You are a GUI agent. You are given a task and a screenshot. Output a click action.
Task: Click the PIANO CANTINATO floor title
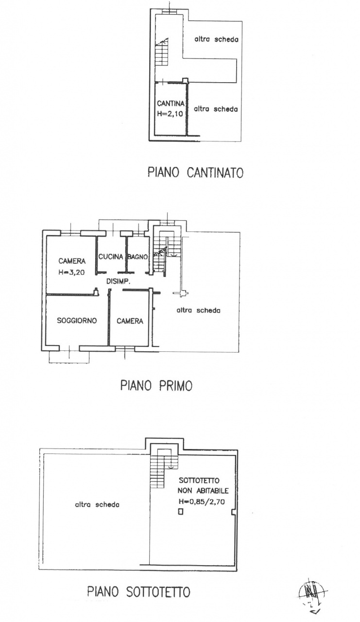(195, 173)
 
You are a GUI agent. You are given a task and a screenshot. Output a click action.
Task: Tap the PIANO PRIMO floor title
(156, 385)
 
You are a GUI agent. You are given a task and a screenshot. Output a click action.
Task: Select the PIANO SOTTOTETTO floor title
(139, 592)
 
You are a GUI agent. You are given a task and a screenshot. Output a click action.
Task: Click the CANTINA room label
(171, 104)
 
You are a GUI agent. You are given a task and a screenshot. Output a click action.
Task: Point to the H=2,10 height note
(170, 114)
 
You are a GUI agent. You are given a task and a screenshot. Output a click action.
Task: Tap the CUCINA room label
(111, 257)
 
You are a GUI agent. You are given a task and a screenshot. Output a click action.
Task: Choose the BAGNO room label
(137, 257)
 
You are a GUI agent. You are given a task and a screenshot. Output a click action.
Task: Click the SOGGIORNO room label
(77, 320)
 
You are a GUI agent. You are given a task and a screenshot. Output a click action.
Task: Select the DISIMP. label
(119, 281)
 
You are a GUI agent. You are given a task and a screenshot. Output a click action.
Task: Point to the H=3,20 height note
(71, 273)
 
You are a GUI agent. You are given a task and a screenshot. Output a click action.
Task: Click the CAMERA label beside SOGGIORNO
(130, 321)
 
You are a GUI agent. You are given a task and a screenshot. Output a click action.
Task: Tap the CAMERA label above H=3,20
(72, 261)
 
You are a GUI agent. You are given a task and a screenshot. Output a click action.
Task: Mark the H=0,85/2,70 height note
(202, 501)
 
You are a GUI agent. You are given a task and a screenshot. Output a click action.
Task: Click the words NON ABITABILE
(203, 491)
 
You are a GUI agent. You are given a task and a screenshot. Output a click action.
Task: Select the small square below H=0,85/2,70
(181, 512)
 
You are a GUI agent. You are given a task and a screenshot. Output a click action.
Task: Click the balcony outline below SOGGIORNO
(69, 357)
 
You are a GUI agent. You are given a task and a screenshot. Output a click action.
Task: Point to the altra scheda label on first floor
(198, 310)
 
